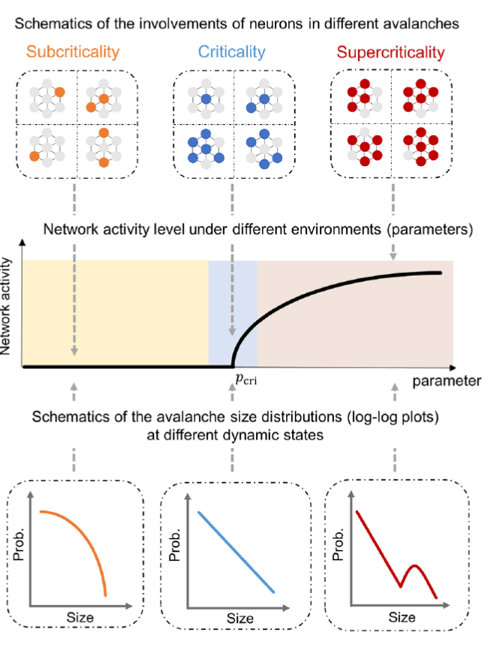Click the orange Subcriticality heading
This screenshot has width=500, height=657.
coord(74,52)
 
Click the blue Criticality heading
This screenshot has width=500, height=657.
coord(232,52)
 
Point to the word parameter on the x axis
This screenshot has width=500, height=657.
coord(447,380)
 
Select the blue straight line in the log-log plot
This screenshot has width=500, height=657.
coord(236,553)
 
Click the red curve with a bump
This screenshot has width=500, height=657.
coord(398,556)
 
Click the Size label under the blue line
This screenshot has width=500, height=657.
coord(241,617)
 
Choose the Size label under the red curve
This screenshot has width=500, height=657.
coord(402,616)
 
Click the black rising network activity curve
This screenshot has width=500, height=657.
coord(315,294)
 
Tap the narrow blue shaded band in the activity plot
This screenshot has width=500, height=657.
coord(233,301)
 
